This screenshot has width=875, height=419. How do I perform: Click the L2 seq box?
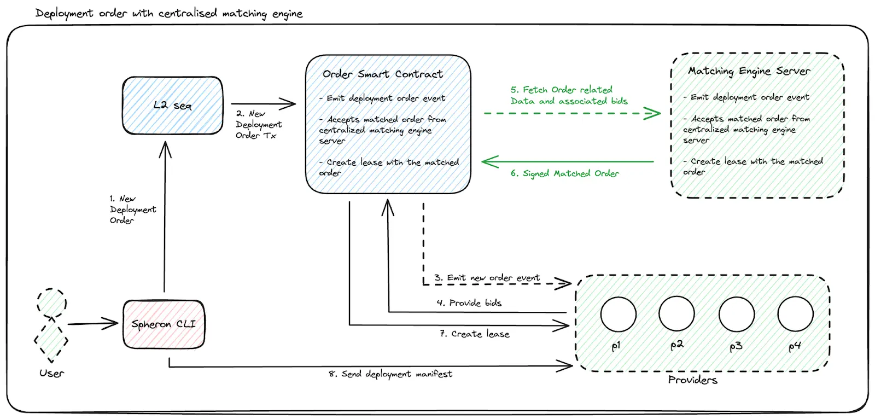[x=173, y=106]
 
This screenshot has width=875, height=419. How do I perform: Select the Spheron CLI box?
[x=164, y=324]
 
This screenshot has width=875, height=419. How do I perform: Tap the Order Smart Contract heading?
[x=383, y=74]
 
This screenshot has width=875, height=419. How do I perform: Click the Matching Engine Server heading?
[x=749, y=71]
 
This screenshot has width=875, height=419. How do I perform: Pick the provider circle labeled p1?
[x=618, y=315]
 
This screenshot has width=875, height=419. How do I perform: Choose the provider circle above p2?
[x=676, y=314]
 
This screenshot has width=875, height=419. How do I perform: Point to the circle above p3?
[x=737, y=315]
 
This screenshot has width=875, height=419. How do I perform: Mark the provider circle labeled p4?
[x=795, y=314]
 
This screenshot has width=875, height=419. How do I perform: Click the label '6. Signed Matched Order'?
[x=564, y=173]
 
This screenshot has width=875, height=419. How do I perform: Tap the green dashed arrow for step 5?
[x=571, y=114]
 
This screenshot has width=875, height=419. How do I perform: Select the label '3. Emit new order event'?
[x=487, y=278]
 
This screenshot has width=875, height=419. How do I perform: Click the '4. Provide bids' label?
[x=469, y=303]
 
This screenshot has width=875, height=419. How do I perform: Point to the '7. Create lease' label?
[x=474, y=334]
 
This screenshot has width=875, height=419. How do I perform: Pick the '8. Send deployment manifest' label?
[x=390, y=374]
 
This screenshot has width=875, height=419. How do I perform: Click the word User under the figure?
[x=51, y=374]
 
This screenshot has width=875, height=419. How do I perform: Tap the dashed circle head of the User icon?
[x=52, y=302]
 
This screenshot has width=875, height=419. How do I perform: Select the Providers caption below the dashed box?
[x=692, y=380]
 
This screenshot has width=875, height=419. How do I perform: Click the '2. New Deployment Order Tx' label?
[x=258, y=125]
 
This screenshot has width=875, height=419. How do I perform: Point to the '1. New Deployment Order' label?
[x=132, y=209]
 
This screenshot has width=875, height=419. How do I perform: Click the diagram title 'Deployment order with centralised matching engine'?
[x=168, y=13]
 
